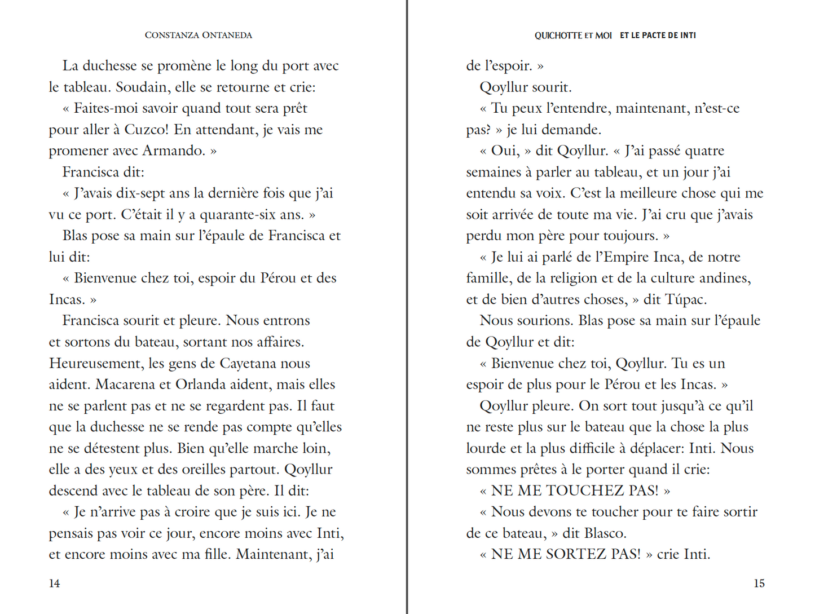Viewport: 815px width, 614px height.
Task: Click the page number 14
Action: [x=54, y=584]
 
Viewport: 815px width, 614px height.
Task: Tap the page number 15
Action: [x=759, y=584]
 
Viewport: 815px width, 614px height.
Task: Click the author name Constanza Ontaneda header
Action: [x=198, y=35]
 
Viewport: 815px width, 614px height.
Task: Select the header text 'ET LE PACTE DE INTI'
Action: [x=658, y=35]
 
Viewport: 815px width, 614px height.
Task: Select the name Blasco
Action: [x=605, y=533]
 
